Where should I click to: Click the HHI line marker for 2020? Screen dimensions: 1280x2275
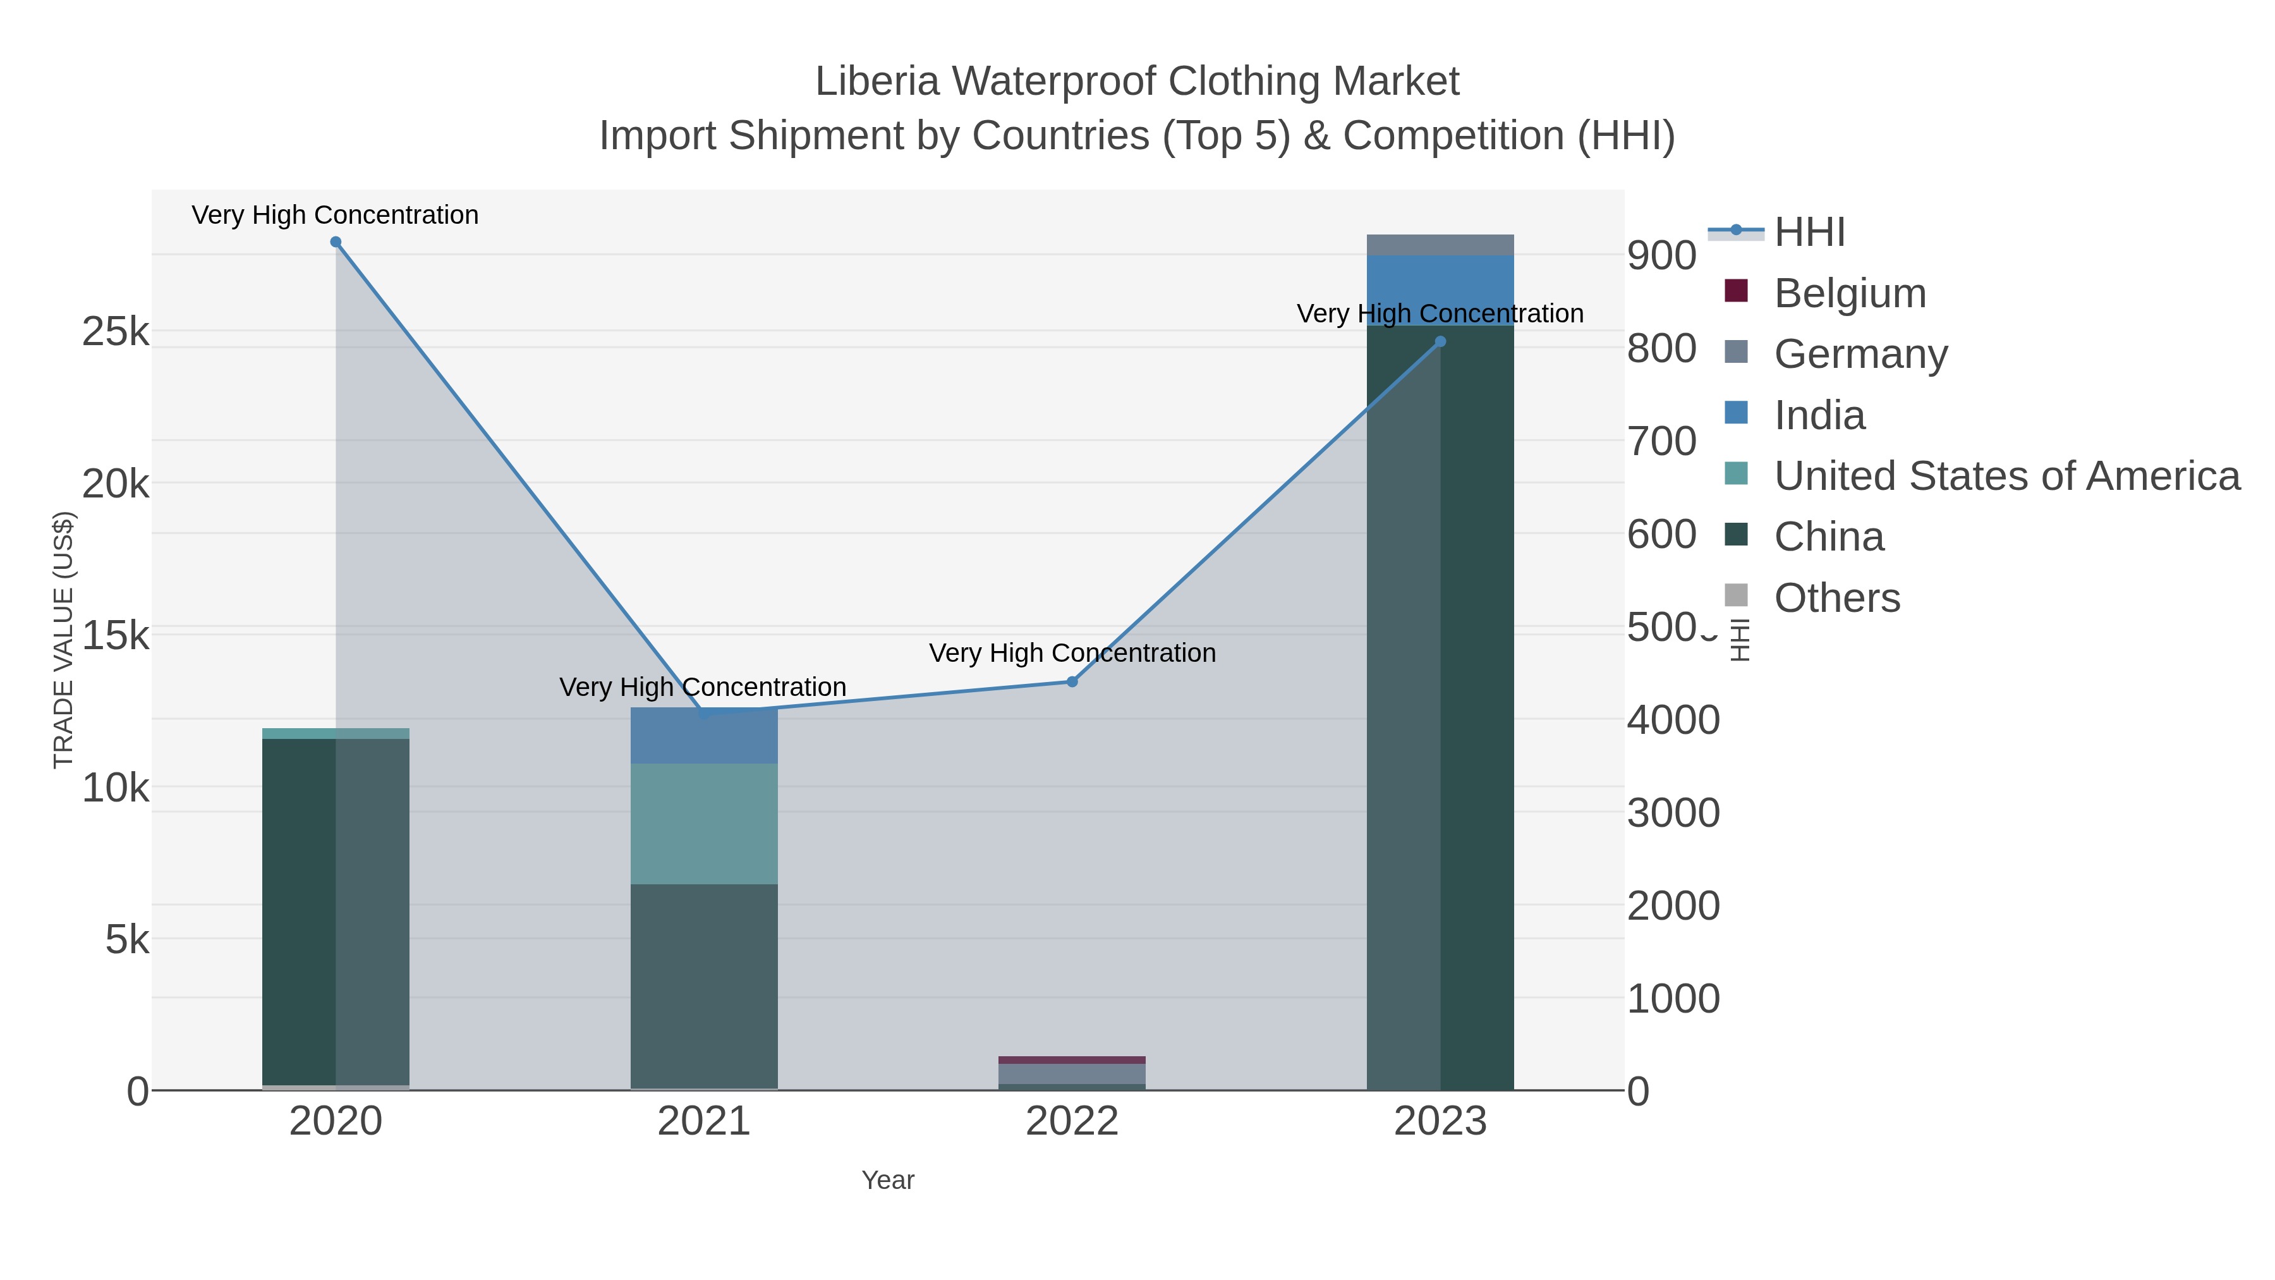click(x=336, y=242)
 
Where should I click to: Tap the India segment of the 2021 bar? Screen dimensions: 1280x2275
click(x=704, y=736)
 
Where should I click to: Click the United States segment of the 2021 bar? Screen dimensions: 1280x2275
click(x=704, y=823)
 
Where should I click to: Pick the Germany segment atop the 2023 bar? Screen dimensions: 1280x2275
click(x=1440, y=245)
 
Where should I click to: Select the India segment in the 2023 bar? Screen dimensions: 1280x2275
click(x=1440, y=290)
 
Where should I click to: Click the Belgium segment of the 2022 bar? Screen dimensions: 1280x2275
click(x=1072, y=1060)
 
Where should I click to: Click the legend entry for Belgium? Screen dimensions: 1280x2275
click(x=1849, y=293)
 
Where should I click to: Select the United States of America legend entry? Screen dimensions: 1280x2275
click(x=2006, y=476)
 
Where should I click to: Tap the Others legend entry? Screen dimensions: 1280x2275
click(x=1836, y=598)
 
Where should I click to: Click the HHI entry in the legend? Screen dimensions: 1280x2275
click(x=1809, y=233)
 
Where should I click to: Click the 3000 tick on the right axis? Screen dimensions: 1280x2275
click(x=1673, y=813)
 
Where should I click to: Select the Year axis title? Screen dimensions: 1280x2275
click(x=888, y=1180)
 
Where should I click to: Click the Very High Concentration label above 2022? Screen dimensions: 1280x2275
click(x=1072, y=653)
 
